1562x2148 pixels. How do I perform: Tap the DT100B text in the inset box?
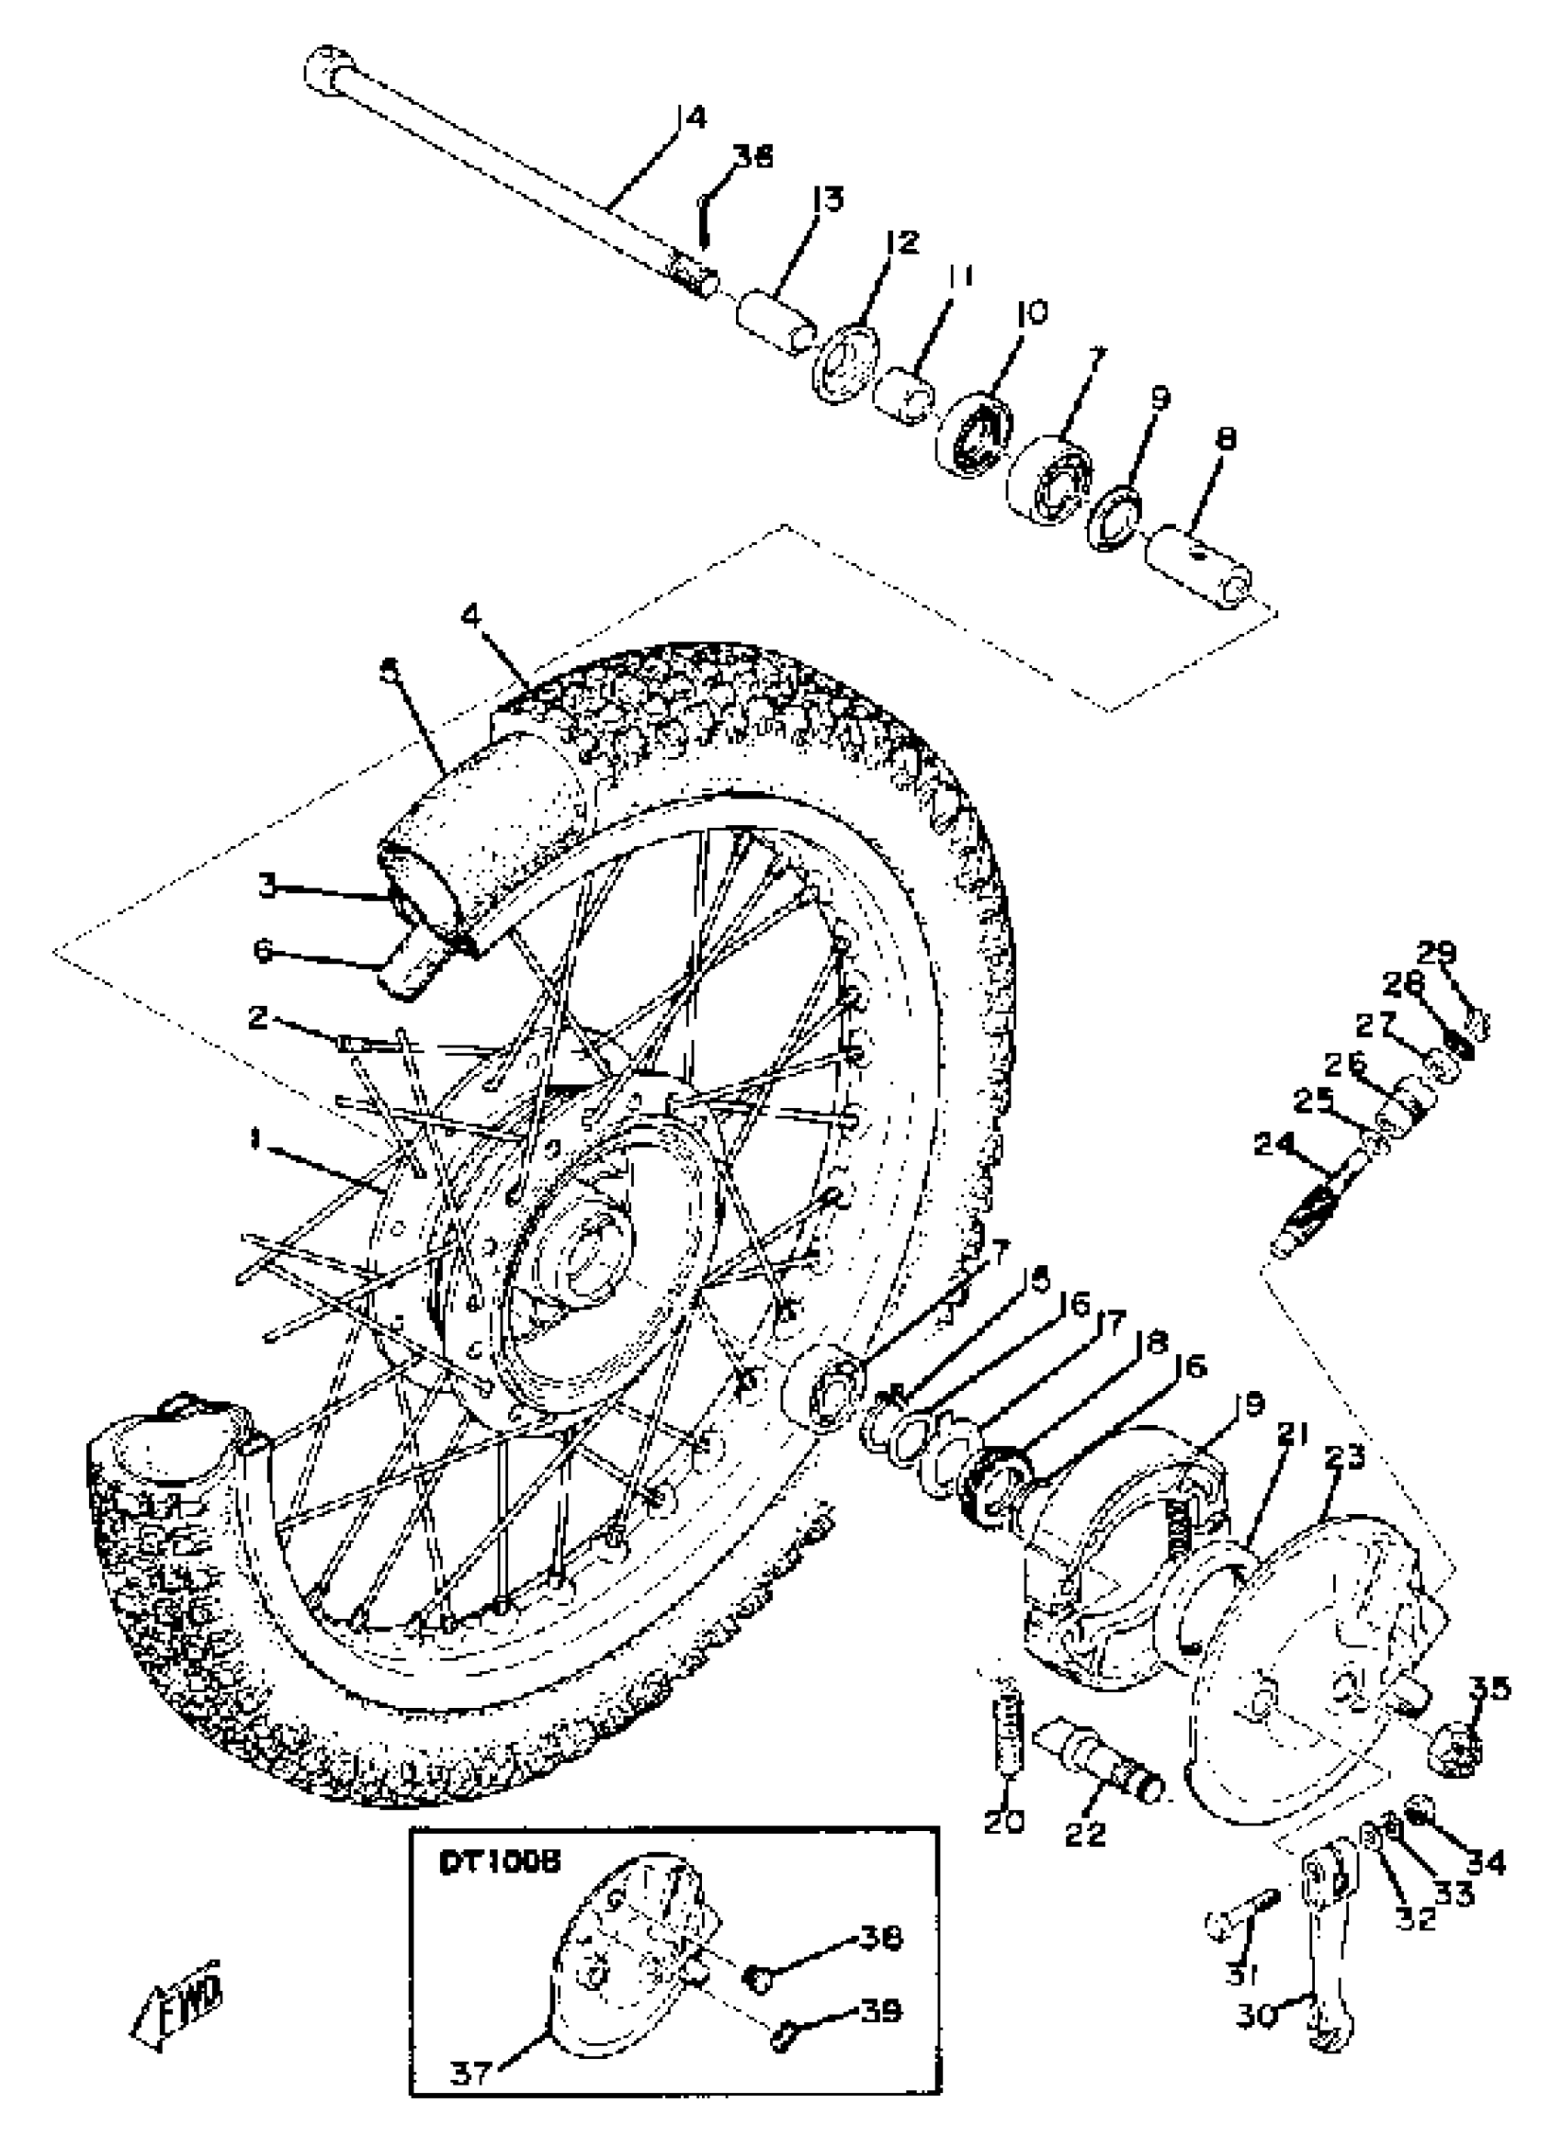(x=499, y=1862)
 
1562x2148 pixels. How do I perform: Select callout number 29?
(x=1437, y=952)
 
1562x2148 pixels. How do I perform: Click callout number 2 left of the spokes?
(x=257, y=1019)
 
